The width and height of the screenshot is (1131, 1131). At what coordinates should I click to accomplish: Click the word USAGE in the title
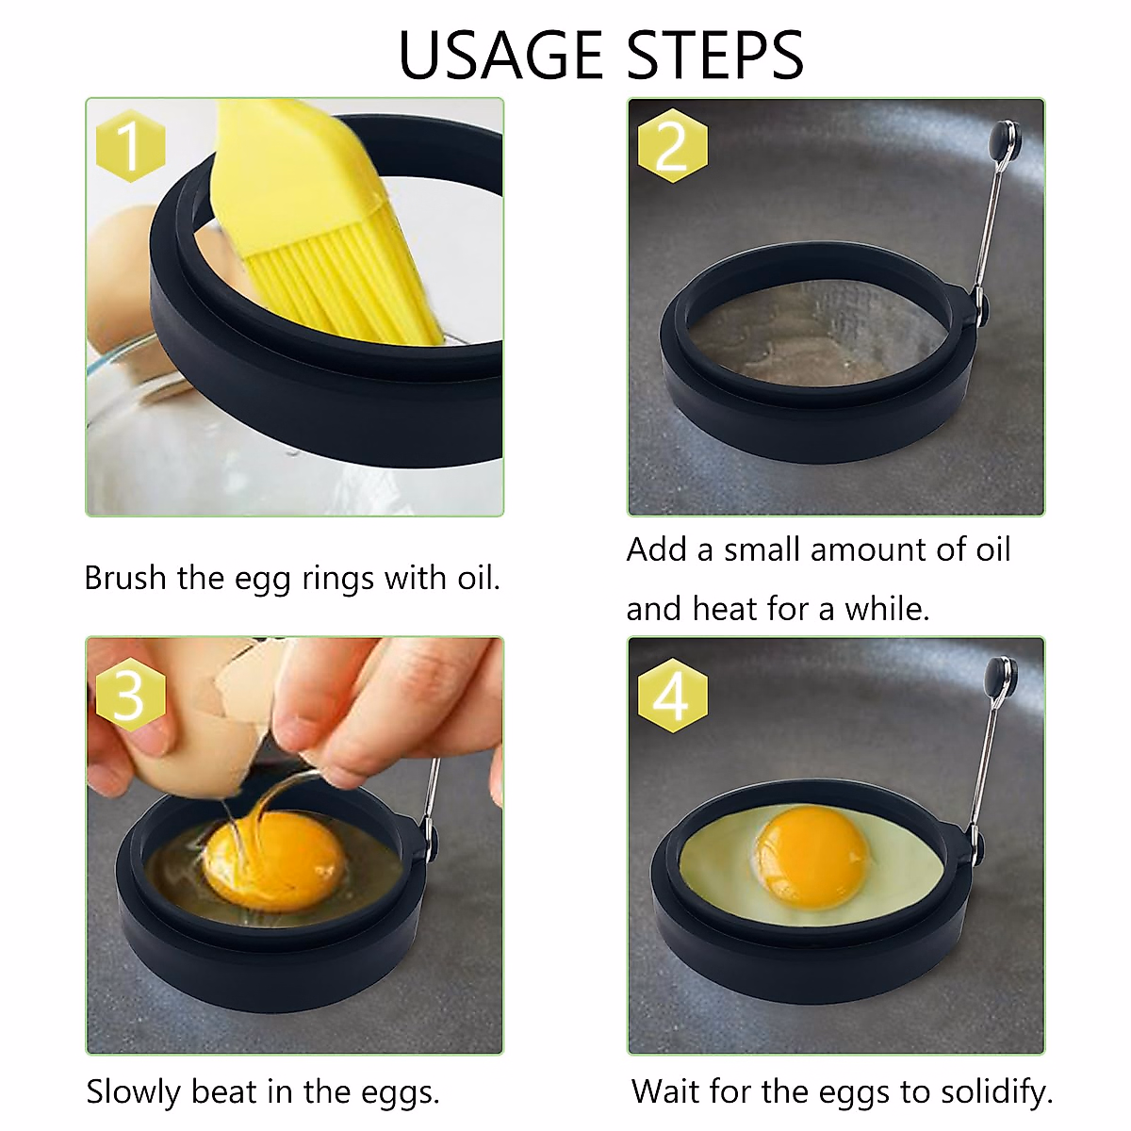coord(500,55)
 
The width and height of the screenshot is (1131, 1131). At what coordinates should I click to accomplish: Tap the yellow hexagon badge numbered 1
coord(131,146)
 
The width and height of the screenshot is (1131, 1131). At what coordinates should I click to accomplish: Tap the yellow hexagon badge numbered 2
coord(672,146)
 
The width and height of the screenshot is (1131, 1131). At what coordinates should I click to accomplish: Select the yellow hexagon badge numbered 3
coord(131,697)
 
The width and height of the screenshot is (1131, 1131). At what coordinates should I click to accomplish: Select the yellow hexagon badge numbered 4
coord(672,697)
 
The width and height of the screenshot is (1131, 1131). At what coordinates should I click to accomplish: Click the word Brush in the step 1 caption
coord(126,578)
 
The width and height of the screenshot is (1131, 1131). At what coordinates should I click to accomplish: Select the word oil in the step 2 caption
coord(992,549)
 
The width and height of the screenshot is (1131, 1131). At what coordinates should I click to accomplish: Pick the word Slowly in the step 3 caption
coord(134,1092)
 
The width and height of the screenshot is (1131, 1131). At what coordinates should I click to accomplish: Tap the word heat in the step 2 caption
coord(725,609)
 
